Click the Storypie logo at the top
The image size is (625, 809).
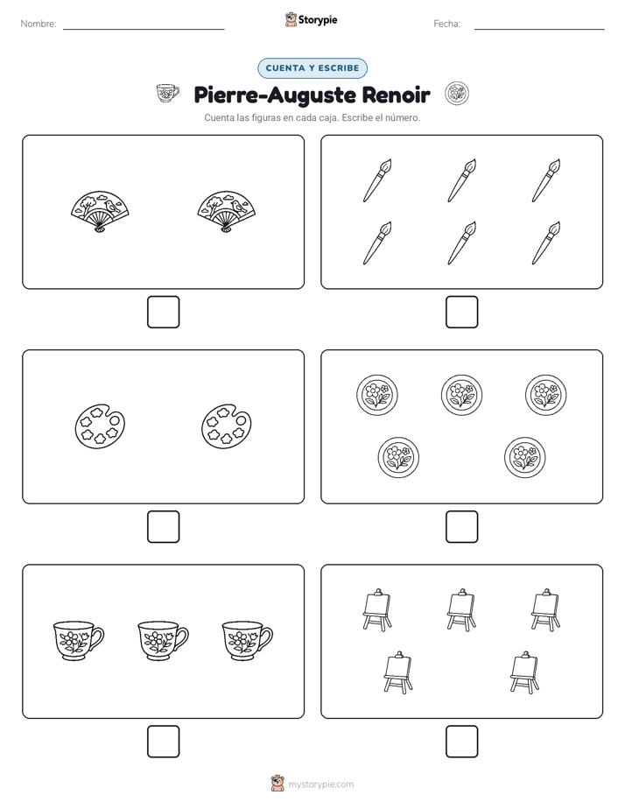click(x=311, y=19)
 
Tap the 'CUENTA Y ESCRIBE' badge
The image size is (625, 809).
click(x=312, y=68)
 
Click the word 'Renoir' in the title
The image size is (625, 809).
click(x=396, y=95)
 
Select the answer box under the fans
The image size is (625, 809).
click(x=164, y=313)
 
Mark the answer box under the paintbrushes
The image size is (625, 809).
click(x=461, y=313)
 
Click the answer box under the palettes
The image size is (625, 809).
click(x=164, y=527)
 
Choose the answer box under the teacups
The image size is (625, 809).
click(x=164, y=742)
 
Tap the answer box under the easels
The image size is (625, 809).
click(x=461, y=742)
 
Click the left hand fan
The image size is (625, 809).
click(x=100, y=211)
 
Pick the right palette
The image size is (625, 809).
click(x=227, y=426)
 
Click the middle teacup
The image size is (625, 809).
click(x=163, y=641)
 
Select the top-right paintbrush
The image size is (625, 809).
click(x=546, y=180)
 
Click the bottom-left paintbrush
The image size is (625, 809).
click(x=377, y=243)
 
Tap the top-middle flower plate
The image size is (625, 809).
click(x=461, y=395)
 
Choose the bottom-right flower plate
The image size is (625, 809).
click(x=525, y=457)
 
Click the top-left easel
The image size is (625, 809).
click(x=377, y=610)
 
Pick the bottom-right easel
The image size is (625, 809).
click(x=525, y=672)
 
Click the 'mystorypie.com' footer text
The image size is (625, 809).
click(x=320, y=784)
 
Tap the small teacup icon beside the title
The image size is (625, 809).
click(x=167, y=94)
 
